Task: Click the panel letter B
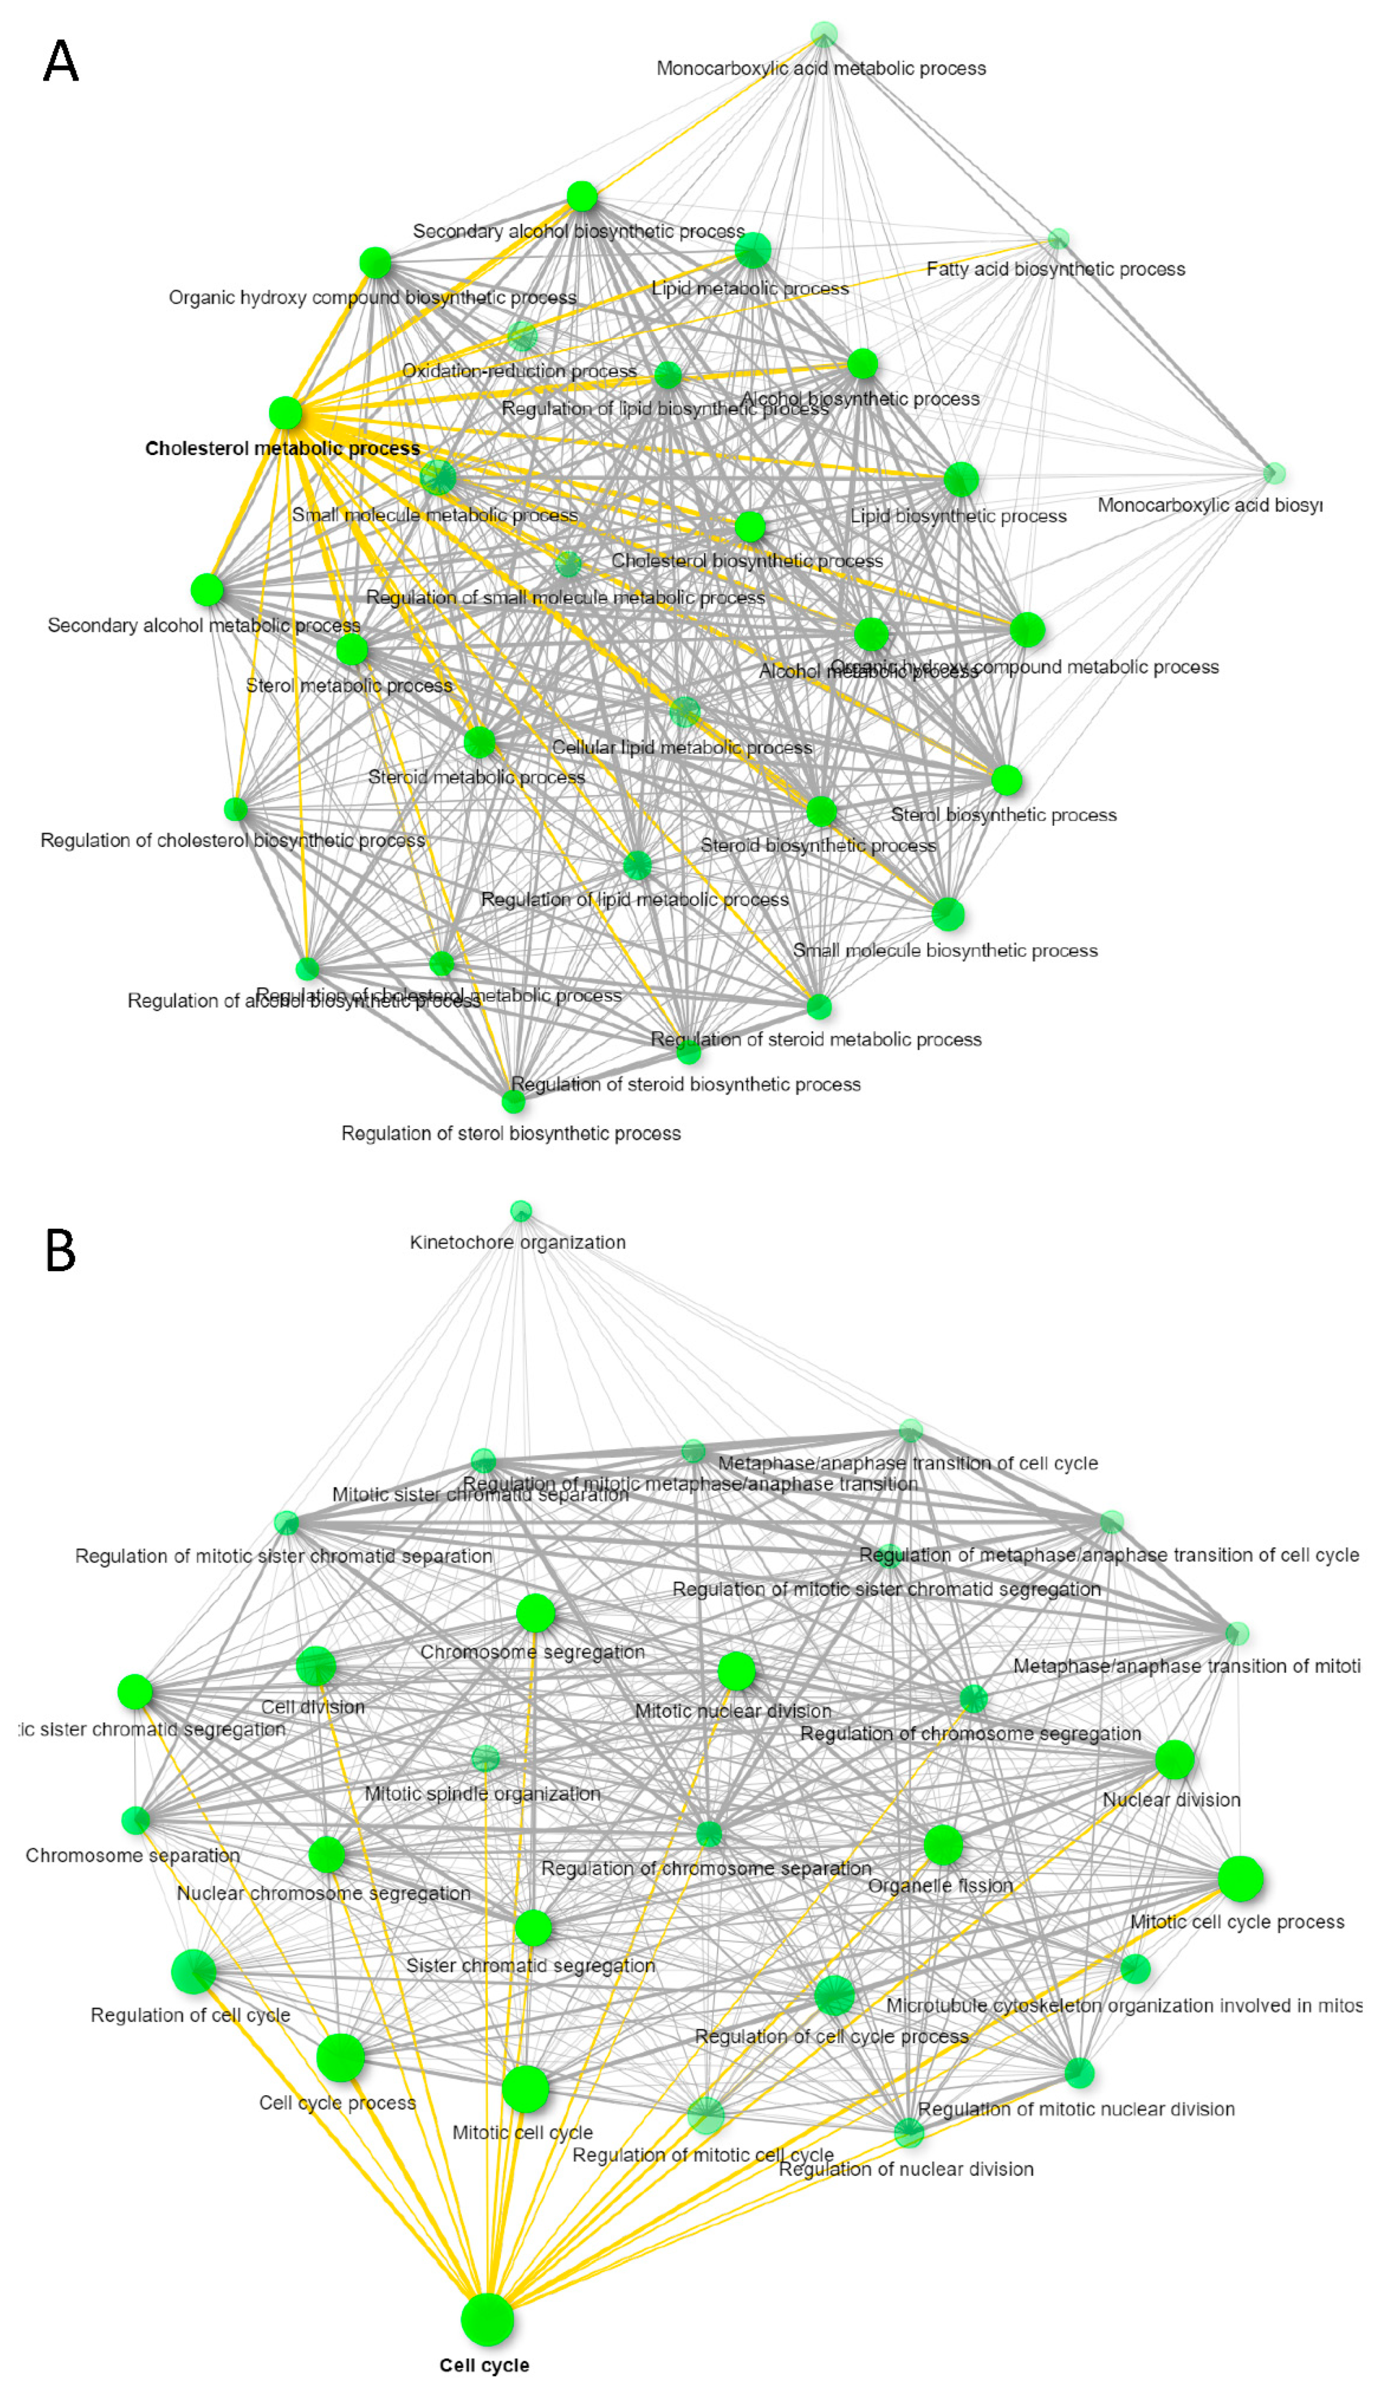coord(61,1251)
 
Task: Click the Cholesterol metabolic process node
coord(285,413)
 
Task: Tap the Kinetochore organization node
coord(520,1210)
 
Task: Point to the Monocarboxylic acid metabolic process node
coord(823,35)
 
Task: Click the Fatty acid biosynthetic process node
coord(1057,238)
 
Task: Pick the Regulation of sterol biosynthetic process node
coord(513,1101)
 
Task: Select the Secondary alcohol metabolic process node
coord(206,590)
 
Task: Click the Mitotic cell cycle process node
coord(1240,1878)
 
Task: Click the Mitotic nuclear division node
coord(736,1670)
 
